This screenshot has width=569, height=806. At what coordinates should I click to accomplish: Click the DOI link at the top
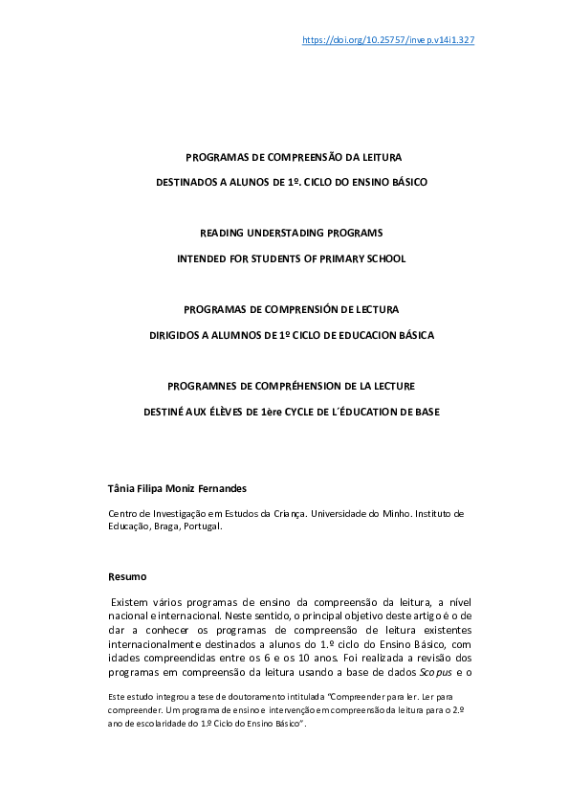(388, 40)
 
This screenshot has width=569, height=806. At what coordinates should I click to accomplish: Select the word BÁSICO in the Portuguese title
(405, 181)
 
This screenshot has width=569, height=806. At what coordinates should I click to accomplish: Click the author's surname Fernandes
(221, 488)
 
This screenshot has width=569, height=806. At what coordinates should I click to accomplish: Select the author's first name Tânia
(121, 488)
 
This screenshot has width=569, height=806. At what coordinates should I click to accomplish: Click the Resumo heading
(127, 576)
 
